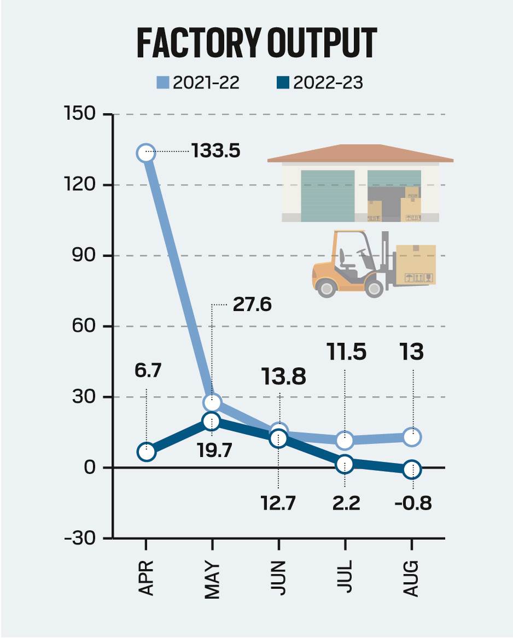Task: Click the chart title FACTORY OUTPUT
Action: tap(256, 42)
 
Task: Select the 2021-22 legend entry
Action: tap(199, 83)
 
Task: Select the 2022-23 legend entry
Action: tap(319, 83)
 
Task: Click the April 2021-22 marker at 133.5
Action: tap(146, 153)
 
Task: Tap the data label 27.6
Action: tap(252, 305)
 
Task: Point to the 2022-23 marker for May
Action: tap(212, 421)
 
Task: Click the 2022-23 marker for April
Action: tap(146, 452)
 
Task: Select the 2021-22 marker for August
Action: tap(412, 437)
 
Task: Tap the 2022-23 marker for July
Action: tap(345, 464)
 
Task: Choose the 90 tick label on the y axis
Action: tap(88, 256)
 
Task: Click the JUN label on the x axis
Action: tap(278, 577)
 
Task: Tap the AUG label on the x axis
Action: tap(411, 578)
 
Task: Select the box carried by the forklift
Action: tap(416, 265)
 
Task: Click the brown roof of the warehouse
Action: tap(360, 154)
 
